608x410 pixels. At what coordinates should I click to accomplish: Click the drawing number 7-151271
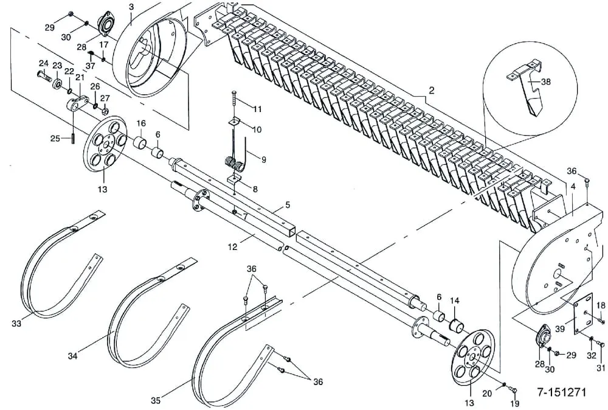click(x=561, y=392)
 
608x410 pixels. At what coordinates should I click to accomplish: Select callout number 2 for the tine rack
click(x=431, y=90)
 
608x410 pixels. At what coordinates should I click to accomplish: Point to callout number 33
click(x=16, y=324)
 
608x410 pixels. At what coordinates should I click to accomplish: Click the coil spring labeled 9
click(x=232, y=164)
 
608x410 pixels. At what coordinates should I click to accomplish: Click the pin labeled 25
click(x=73, y=137)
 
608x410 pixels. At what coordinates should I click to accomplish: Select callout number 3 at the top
click(x=131, y=7)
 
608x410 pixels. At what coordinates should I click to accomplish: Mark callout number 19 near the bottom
click(x=515, y=403)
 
